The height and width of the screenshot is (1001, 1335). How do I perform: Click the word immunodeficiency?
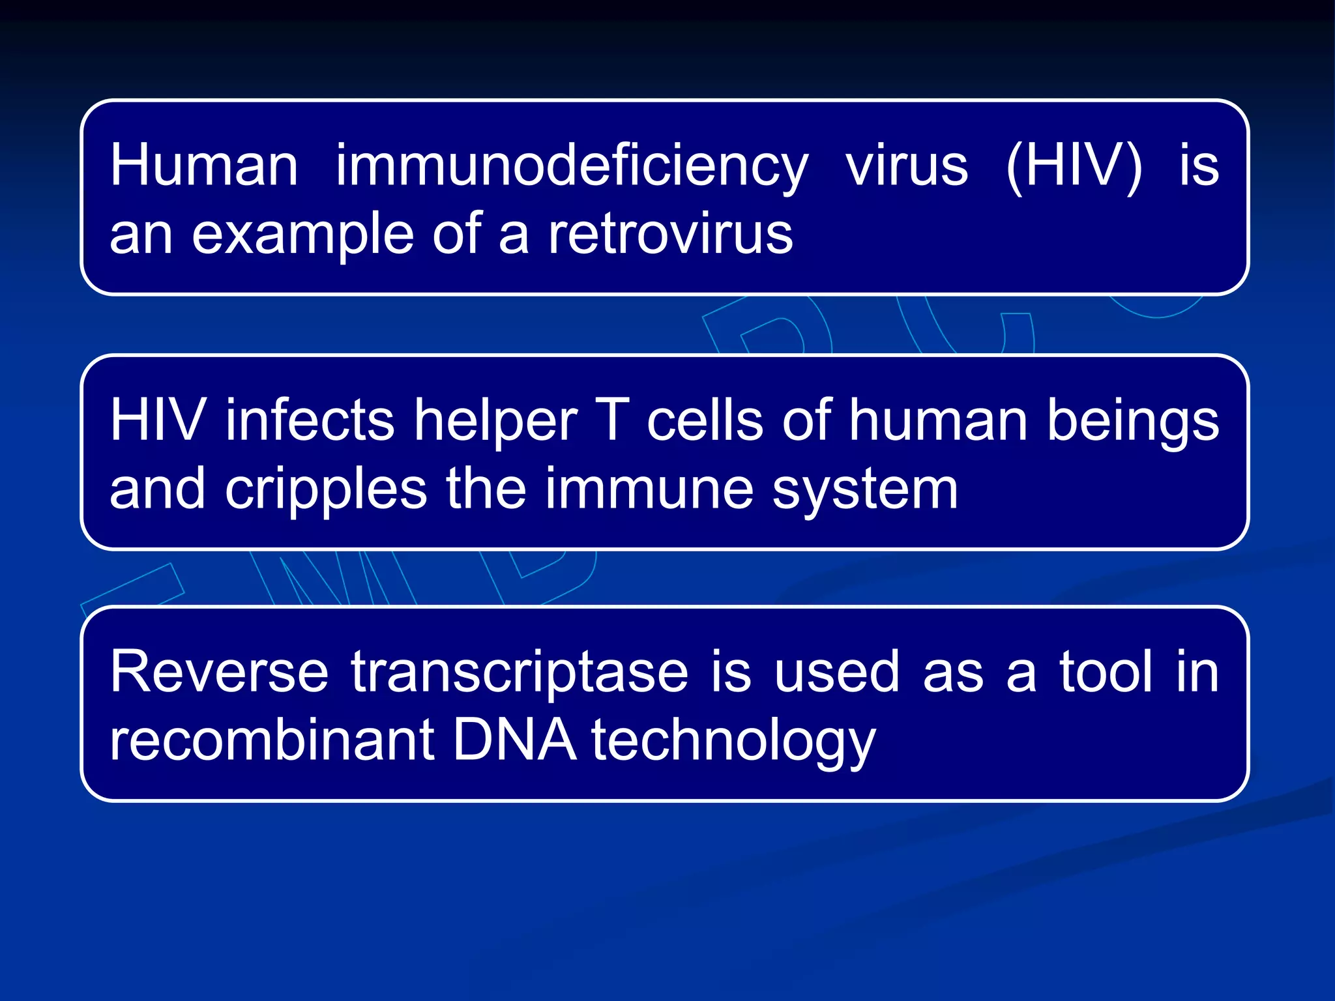coord(572,167)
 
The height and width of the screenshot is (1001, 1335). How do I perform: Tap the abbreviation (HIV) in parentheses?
coord(1074,167)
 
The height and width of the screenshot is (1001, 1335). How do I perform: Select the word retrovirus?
coord(669,235)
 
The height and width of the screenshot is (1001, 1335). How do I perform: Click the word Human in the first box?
coord(204,166)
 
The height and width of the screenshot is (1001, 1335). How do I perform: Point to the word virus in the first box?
coord(907,166)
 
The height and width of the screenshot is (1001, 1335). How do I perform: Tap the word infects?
coord(310,420)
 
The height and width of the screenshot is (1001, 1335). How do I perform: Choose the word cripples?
coord(326,490)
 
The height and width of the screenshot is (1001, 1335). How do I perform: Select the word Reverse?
coord(219,672)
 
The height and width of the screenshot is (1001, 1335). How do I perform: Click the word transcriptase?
coord(520,673)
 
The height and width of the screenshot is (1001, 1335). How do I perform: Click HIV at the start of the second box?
coord(157,420)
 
